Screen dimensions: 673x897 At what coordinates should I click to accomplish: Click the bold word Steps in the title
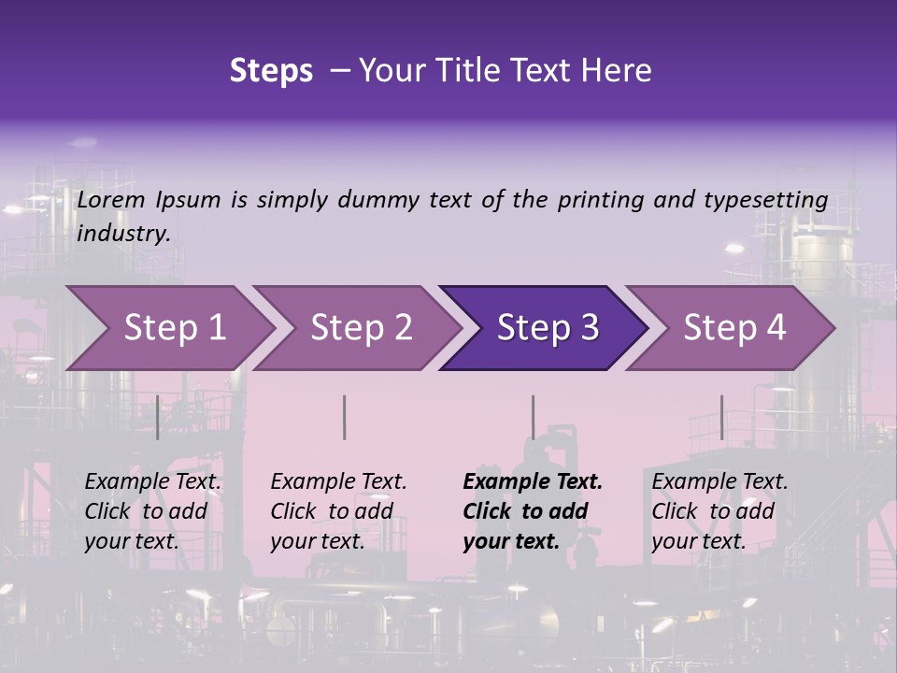271,71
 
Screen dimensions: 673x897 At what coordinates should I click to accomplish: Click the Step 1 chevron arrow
168,328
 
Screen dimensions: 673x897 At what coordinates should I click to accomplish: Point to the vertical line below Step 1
157,417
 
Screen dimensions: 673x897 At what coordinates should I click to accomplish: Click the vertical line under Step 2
345,417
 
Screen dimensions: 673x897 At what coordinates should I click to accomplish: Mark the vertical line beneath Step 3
533,417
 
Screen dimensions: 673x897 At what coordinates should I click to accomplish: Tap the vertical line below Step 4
721,417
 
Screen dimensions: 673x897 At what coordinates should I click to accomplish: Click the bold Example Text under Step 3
533,511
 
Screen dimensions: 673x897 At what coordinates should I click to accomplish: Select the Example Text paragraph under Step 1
152,511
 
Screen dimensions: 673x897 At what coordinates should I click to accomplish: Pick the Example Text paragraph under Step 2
338,511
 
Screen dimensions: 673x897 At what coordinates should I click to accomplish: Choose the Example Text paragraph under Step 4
719,511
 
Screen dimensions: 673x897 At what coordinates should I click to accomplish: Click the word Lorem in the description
111,199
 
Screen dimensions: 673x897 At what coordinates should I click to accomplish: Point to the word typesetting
765,200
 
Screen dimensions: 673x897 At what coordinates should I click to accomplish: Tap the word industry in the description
123,233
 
